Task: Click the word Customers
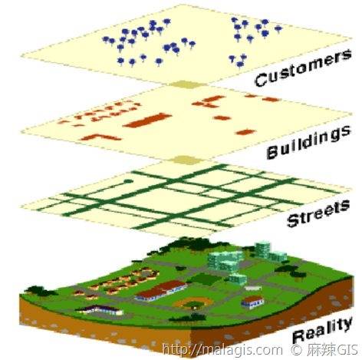[303, 68]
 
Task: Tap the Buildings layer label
[308, 142]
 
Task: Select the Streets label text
[318, 213]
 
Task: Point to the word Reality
[323, 330]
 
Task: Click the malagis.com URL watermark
[222, 349]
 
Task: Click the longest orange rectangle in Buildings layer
[147, 120]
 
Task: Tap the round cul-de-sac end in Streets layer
[128, 181]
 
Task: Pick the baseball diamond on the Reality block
[193, 303]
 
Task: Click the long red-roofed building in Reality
[161, 290]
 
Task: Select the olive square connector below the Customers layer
[187, 84]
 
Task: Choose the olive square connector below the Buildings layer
[187, 160]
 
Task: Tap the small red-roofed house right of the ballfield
[252, 302]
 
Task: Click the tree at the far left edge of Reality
[38, 291]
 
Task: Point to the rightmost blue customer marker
[278, 28]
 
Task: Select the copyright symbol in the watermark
[296, 349]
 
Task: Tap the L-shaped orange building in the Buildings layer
[100, 137]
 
